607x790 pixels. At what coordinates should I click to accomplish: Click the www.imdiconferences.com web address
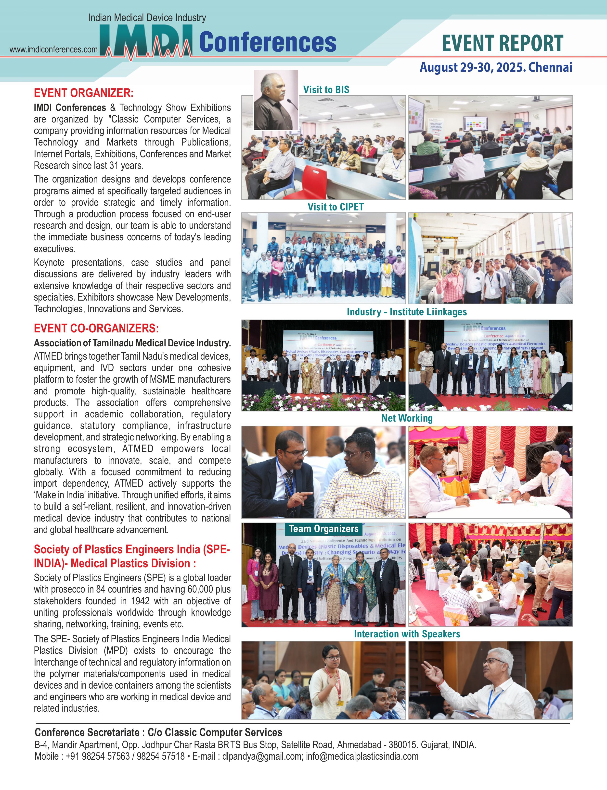click(53, 49)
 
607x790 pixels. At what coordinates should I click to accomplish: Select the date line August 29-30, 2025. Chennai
click(496, 68)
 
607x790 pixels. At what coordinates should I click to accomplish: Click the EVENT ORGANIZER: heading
click(83, 93)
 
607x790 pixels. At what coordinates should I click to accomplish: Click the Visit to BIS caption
click(326, 89)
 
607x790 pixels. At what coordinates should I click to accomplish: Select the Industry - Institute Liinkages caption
click(406, 312)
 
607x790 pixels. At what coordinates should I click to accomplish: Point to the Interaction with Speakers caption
click(407, 634)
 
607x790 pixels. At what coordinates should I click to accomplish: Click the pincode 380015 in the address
click(401, 745)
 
